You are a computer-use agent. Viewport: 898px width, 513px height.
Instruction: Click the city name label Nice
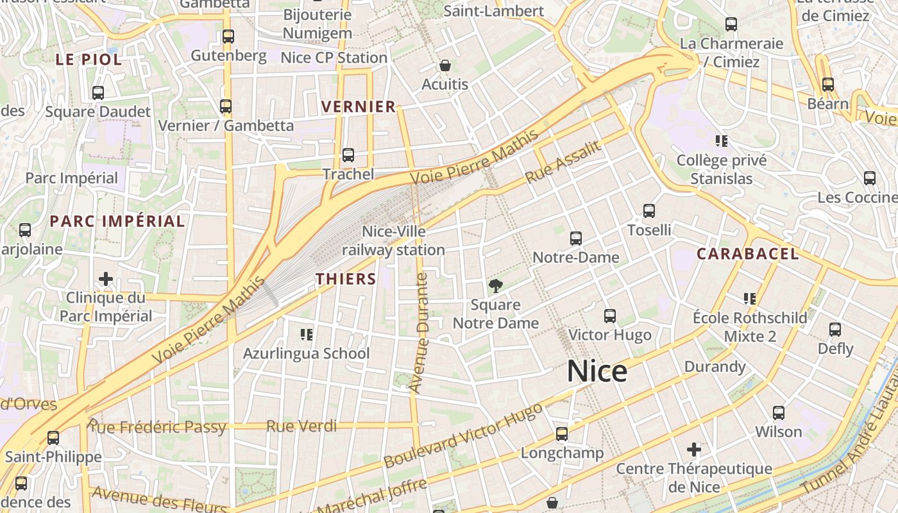pyautogui.click(x=597, y=372)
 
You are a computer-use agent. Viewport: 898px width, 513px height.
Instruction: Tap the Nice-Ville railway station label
pyautogui.click(x=393, y=240)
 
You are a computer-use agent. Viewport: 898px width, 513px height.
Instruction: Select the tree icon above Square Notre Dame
pyautogui.click(x=495, y=285)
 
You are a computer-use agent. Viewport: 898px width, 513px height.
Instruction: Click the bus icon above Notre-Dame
pyautogui.click(x=576, y=239)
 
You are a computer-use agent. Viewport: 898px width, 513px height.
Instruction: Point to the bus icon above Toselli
pyautogui.click(x=649, y=211)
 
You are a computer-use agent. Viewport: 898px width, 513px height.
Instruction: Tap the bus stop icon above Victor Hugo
pyautogui.click(x=609, y=316)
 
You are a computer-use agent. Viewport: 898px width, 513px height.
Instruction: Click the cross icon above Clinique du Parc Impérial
pyautogui.click(x=106, y=279)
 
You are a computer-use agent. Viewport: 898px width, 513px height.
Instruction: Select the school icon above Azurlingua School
pyautogui.click(x=307, y=334)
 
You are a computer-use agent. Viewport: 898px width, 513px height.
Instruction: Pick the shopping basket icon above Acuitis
pyautogui.click(x=445, y=65)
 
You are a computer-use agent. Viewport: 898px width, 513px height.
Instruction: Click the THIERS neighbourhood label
pyautogui.click(x=346, y=278)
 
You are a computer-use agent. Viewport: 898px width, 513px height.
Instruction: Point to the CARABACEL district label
pyautogui.click(x=748, y=254)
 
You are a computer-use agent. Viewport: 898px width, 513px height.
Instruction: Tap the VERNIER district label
pyautogui.click(x=359, y=106)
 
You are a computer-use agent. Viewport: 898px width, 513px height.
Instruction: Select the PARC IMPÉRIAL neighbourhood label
pyautogui.click(x=117, y=221)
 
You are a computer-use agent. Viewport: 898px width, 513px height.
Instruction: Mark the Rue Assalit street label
pyautogui.click(x=564, y=162)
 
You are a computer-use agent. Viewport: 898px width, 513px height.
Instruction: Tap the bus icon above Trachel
pyautogui.click(x=348, y=155)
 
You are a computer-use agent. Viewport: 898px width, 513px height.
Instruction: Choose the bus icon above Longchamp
pyautogui.click(x=562, y=434)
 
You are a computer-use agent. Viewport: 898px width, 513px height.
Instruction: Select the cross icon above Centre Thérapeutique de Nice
pyautogui.click(x=693, y=450)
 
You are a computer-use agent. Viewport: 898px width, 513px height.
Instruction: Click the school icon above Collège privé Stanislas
pyautogui.click(x=722, y=140)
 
